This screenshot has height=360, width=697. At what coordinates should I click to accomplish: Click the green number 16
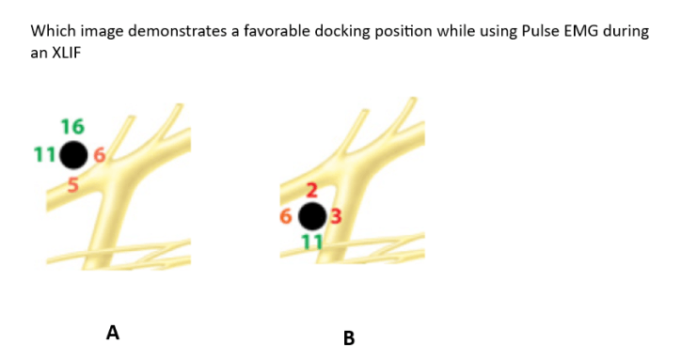72,127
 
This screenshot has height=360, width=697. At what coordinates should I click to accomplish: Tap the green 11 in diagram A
44,155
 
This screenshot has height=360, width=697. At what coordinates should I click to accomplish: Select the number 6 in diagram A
99,155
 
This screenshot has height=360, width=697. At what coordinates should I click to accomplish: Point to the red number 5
73,185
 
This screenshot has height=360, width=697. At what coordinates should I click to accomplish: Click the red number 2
312,190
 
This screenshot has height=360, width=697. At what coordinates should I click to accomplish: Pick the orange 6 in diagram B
285,216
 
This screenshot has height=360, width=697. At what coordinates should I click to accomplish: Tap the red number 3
336,216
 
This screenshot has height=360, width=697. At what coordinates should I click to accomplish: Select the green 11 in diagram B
312,243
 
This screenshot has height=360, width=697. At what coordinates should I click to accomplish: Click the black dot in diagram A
73,155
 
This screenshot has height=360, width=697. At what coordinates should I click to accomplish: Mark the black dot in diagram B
312,216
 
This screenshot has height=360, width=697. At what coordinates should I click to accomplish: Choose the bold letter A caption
113,333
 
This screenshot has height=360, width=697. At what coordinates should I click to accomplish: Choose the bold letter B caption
349,338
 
